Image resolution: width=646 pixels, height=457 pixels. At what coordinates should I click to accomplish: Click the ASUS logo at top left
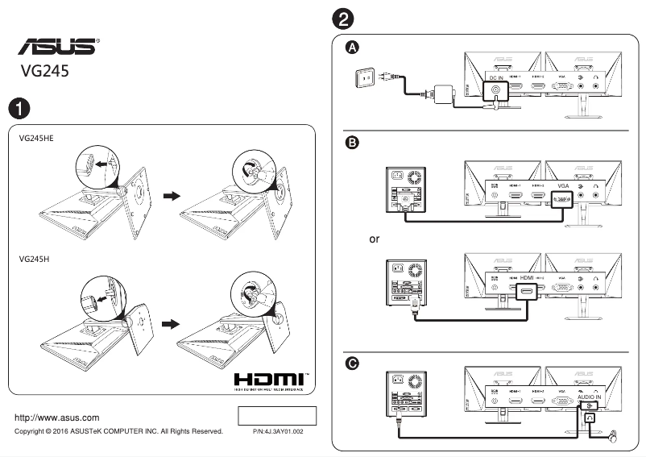[x=56, y=45]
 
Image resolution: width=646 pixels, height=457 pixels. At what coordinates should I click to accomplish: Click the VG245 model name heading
[x=45, y=71]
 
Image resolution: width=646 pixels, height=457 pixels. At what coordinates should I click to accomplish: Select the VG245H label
[x=34, y=260]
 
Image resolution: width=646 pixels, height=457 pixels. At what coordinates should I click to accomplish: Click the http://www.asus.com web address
[x=58, y=418]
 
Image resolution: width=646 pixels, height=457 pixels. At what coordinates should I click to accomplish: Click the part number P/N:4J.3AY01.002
[x=278, y=432]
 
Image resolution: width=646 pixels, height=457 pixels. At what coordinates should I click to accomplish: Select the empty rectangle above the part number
[x=278, y=416]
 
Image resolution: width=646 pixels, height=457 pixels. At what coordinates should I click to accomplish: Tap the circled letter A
[x=352, y=48]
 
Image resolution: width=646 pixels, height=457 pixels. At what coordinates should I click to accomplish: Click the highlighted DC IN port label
[x=497, y=78]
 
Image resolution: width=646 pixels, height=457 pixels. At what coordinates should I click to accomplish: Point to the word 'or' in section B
[x=375, y=239]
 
